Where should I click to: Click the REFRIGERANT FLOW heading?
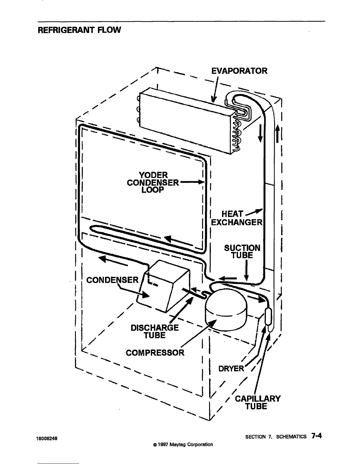79,30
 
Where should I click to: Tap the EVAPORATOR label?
239,71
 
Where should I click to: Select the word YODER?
153,175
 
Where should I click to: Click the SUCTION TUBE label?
242,252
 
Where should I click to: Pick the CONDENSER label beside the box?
112,280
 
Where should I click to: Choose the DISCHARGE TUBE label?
154,332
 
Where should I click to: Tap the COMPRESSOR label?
155,352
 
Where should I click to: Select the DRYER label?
231,368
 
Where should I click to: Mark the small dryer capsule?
268,316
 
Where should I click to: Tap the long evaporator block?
188,121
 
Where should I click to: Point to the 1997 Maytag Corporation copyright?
181,444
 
